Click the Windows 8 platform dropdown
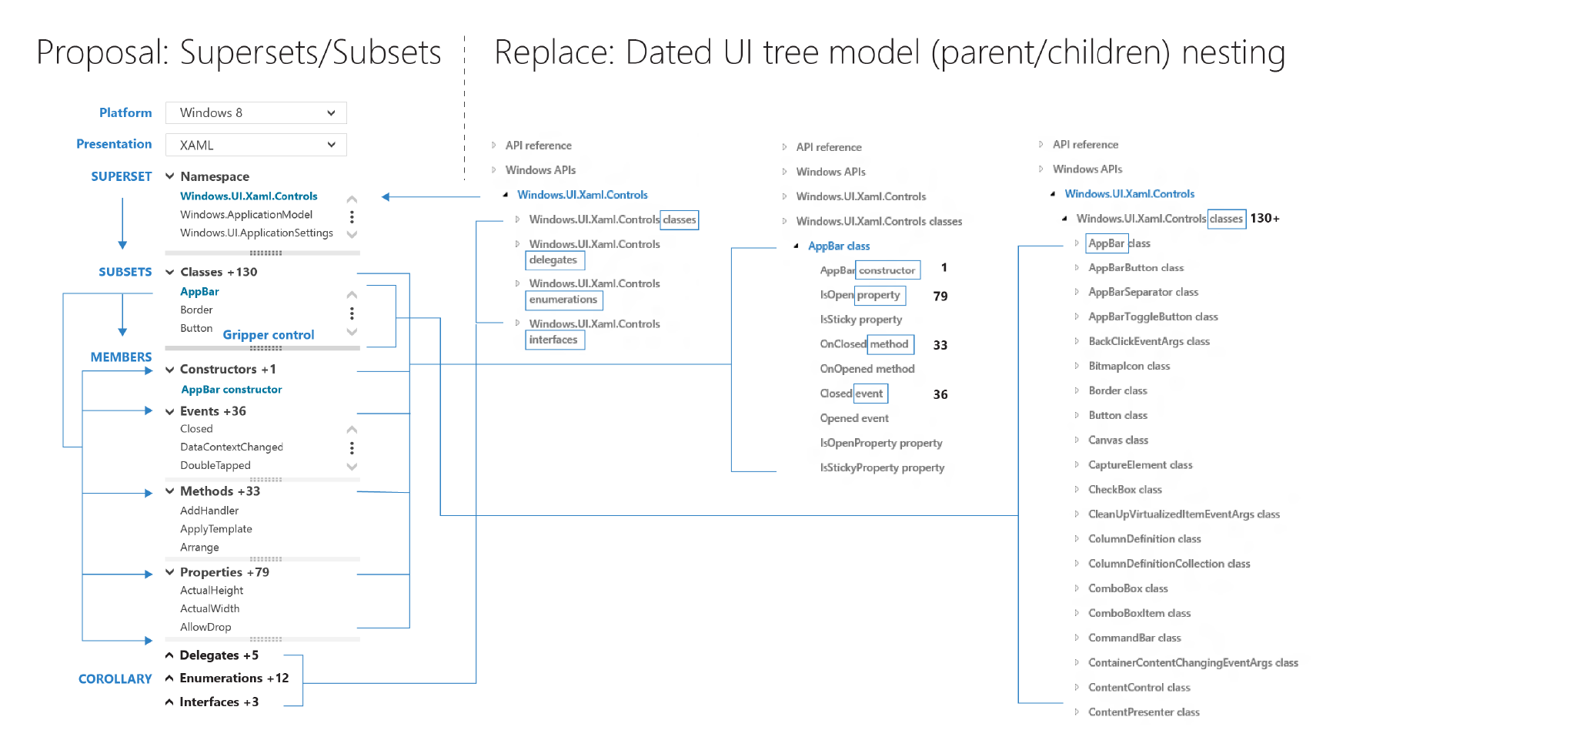pyautogui.click(x=256, y=112)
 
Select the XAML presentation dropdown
pyautogui.click(x=256, y=145)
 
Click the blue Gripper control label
pyautogui.click(x=269, y=335)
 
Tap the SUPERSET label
pyautogui.click(x=122, y=176)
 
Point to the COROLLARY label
pyautogui.click(x=115, y=679)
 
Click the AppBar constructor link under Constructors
pyautogui.click(x=232, y=390)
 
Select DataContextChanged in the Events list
pyautogui.click(x=232, y=447)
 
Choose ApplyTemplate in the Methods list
pyautogui.click(x=216, y=529)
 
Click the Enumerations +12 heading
pyautogui.click(x=234, y=678)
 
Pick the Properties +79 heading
pyautogui.click(x=225, y=572)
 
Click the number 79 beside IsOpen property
pyautogui.click(x=940, y=296)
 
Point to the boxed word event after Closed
pyautogui.click(x=870, y=394)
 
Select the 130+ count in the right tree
pyautogui.click(x=1264, y=219)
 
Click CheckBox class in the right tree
pyautogui.click(x=1125, y=490)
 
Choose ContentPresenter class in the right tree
pyautogui.click(x=1144, y=712)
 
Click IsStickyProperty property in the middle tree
pyautogui.click(x=882, y=468)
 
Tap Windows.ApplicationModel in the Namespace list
pyautogui.click(x=246, y=215)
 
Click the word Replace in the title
pyautogui.click(x=553, y=52)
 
